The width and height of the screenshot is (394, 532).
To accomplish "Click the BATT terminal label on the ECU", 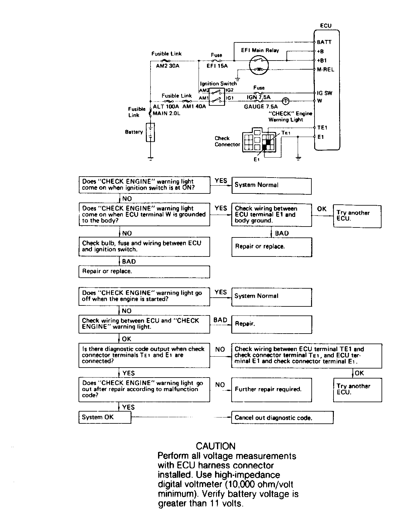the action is coord(324,42).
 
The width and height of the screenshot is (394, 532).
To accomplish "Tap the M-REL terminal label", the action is coord(325,70).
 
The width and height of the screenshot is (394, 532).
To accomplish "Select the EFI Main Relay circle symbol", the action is coord(259,65).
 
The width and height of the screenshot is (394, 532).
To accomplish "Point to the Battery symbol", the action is coord(151,132).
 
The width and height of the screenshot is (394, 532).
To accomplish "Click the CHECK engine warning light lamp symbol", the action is coord(286,101).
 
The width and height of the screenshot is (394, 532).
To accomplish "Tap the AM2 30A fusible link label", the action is coord(168,66).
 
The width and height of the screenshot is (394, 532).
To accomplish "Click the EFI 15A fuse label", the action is coord(217,66).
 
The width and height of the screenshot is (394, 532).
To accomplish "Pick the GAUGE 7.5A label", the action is coord(261,106).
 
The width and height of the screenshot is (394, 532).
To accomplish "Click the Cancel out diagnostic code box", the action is coord(282,417).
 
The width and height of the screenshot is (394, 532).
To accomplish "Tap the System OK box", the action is coord(105,417).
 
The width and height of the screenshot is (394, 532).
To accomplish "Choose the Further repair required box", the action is coord(271,390).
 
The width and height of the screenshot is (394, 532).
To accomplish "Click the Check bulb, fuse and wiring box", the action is coord(144,247).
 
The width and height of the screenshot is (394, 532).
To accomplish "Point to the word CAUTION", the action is coord(216,446).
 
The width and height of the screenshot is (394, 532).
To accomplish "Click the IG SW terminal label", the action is coord(324,93).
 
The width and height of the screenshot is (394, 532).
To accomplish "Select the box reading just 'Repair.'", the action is coord(271,325).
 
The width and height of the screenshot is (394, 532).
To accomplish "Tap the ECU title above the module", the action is coord(326,26).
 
